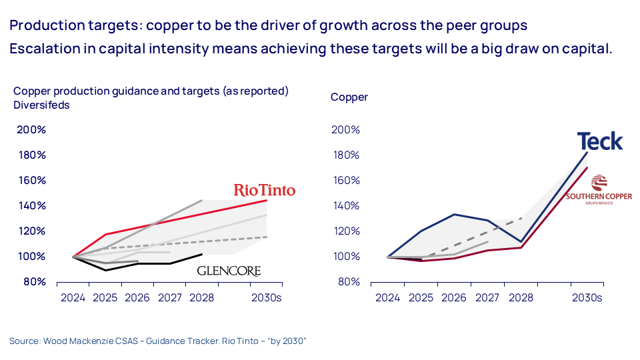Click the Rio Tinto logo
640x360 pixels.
(x=264, y=190)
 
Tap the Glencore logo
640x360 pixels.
(x=229, y=271)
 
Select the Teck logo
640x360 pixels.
(x=600, y=141)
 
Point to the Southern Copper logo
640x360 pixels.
(x=590, y=189)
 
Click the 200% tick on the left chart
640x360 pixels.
(x=31, y=129)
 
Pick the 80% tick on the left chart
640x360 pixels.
(x=34, y=281)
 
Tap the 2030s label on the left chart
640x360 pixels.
(x=265, y=297)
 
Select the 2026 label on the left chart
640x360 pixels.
(x=137, y=297)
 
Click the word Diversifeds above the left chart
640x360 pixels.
(x=41, y=105)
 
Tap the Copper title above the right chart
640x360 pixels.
(x=349, y=97)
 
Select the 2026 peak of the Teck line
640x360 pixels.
(x=455, y=214)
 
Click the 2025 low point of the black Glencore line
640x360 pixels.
(x=106, y=270)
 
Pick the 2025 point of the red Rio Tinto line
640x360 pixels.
(x=106, y=234)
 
